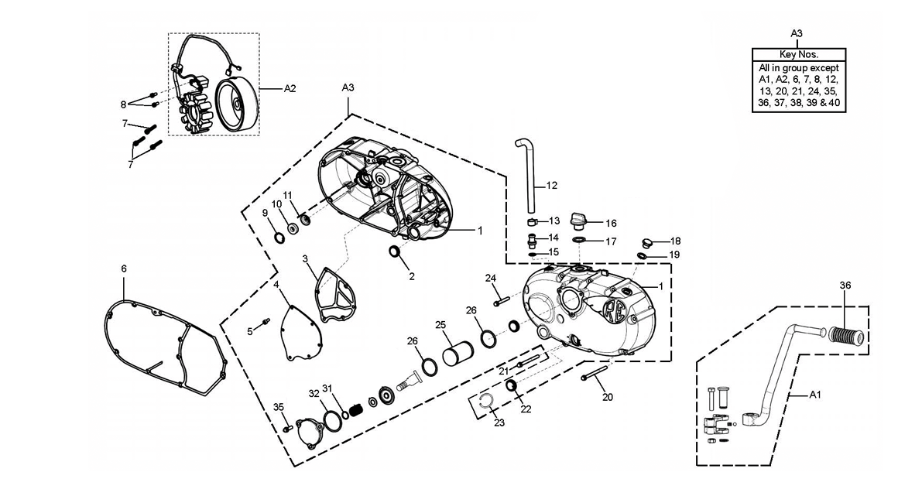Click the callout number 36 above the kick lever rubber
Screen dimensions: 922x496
point(845,286)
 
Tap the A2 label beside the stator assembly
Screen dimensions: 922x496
point(290,89)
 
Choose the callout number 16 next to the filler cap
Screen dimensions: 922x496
point(611,224)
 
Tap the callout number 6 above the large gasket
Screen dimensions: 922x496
point(124,269)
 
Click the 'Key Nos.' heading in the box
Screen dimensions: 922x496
point(798,55)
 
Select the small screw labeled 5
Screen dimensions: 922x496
point(266,321)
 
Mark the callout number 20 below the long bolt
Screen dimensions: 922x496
point(608,397)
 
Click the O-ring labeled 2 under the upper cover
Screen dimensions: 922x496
point(395,253)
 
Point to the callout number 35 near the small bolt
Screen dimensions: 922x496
point(279,407)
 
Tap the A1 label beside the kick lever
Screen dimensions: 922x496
point(815,395)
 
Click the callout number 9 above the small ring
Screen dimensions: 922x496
point(265,213)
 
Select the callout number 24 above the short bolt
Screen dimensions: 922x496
point(491,278)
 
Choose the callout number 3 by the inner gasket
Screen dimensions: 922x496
point(305,258)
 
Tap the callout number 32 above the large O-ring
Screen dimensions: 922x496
point(314,393)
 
